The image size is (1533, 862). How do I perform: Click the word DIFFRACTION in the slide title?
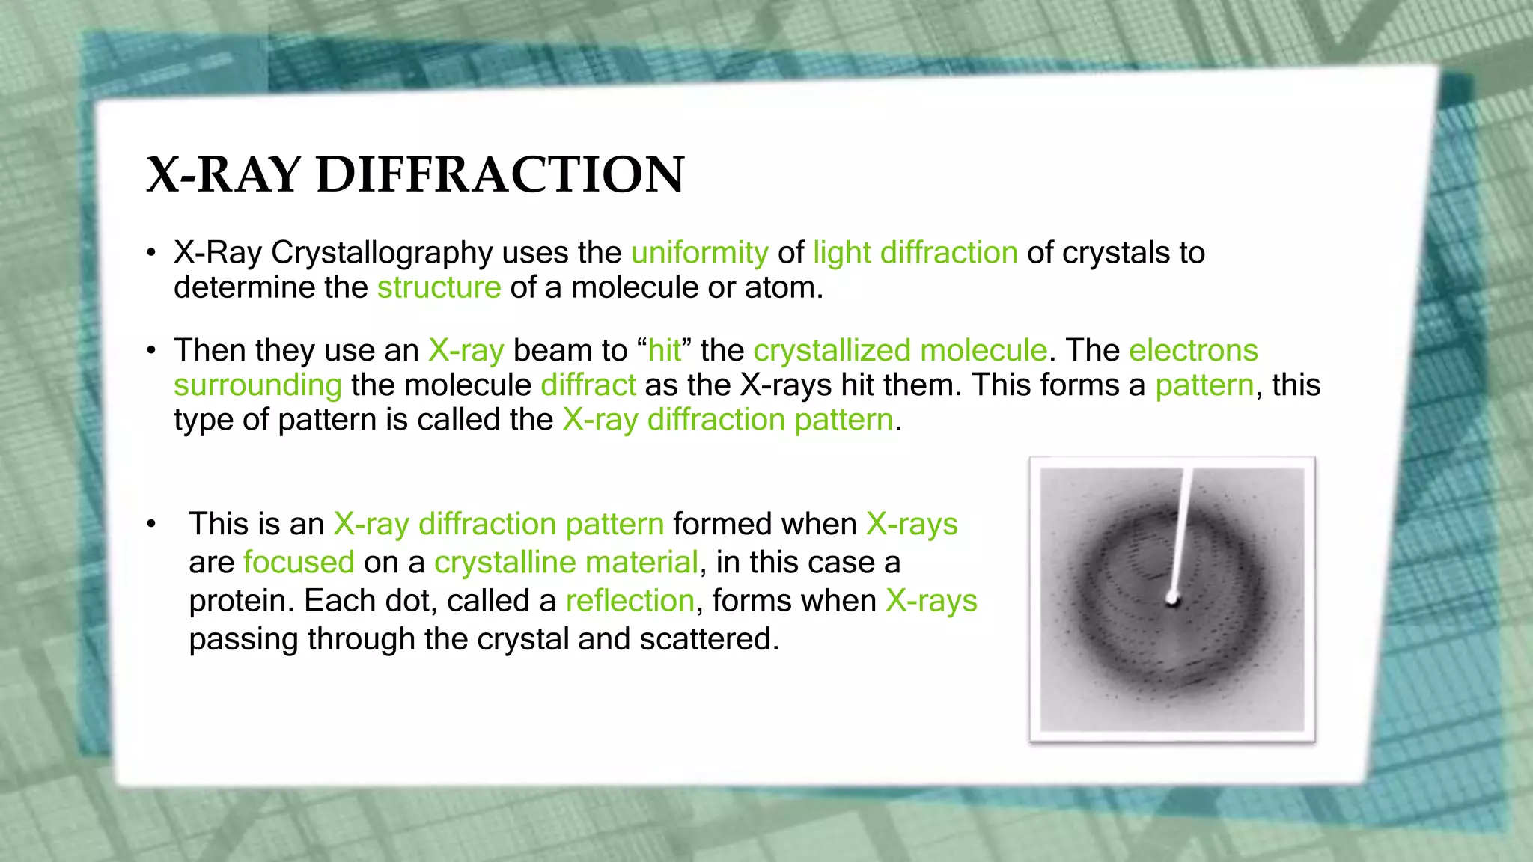tap(500, 175)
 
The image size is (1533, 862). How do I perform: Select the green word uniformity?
tap(699, 253)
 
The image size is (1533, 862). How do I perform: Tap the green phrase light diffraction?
tap(915, 253)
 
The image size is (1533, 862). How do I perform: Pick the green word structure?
tap(439, 287)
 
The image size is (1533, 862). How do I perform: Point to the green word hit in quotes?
tap(665, 350)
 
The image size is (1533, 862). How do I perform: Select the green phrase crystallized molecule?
tap(900, 350)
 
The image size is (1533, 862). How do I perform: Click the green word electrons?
tap(1193, 350)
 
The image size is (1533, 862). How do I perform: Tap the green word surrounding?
tap(257, 385)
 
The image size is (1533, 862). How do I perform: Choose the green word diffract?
tap(588, 385)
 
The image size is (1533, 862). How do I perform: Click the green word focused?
tap(299, 562)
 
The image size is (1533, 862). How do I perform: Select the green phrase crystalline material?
tap(566, 562)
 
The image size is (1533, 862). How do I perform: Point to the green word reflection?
tap(630, 601)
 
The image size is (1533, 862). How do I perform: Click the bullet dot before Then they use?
tap(152, 350)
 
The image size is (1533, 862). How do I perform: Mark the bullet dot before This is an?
tap(152, 525)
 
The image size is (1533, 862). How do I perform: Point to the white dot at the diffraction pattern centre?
tap(1172, 599)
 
